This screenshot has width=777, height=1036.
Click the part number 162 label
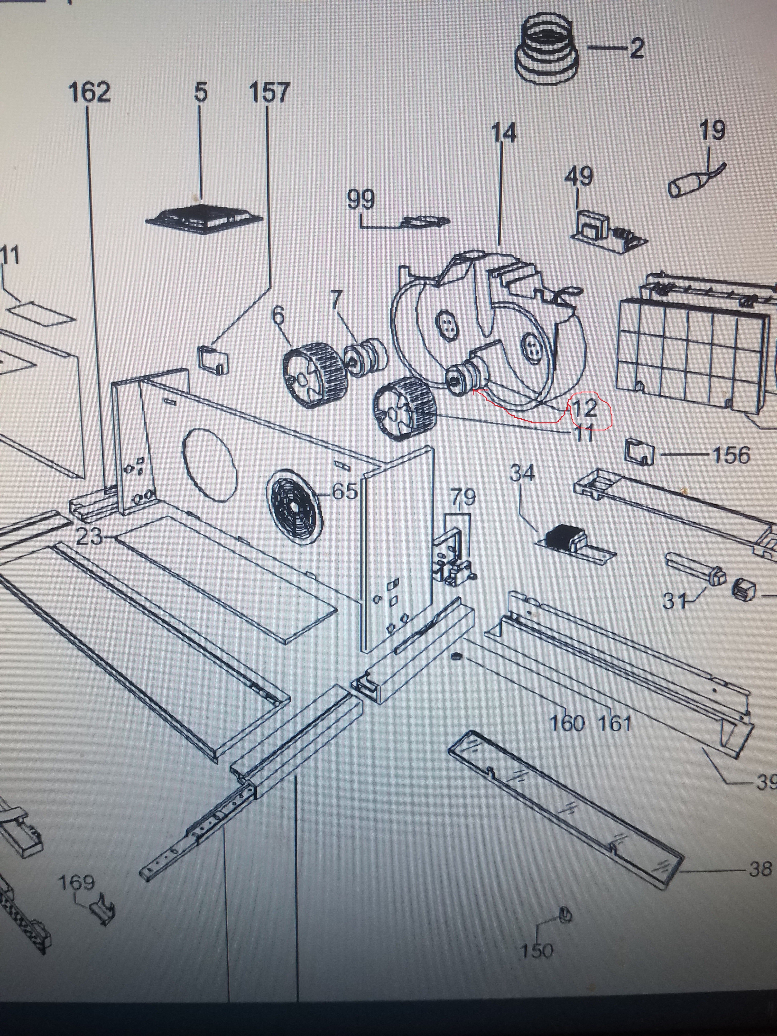coord(89,92)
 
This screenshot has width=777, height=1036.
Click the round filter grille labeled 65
coord(295,507)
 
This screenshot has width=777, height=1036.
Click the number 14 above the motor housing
coord(503,133)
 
